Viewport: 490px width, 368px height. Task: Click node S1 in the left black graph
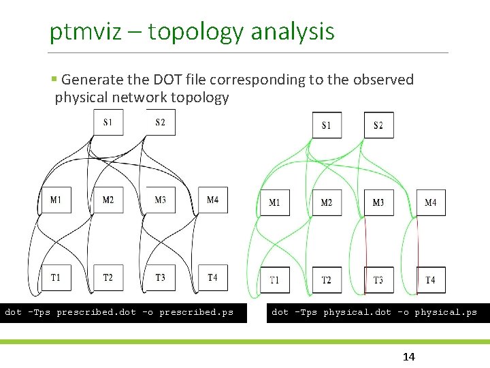coord(108,123)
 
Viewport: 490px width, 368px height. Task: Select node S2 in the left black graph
coord(160,123)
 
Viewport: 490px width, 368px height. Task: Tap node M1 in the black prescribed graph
coord(56,200)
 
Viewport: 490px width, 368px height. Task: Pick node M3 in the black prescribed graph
coord(160,200)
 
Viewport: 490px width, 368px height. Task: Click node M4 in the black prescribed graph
coord(212,200)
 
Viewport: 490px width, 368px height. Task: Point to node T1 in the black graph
coord(56,277)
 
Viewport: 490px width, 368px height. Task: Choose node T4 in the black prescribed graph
coord(212,277)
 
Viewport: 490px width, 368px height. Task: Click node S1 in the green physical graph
coord(327,125)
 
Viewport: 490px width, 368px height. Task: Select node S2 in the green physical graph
coord(378,125)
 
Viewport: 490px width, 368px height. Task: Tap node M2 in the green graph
coord(327,202)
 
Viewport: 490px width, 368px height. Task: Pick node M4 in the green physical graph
coord(431,202)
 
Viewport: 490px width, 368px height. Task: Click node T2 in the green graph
coord(327,280)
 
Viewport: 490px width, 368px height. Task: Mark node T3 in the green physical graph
coord(378,280)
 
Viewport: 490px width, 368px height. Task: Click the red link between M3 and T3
coord(367,242)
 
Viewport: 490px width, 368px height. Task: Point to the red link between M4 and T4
coord(418,242)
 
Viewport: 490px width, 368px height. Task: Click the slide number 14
coord(409,357)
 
